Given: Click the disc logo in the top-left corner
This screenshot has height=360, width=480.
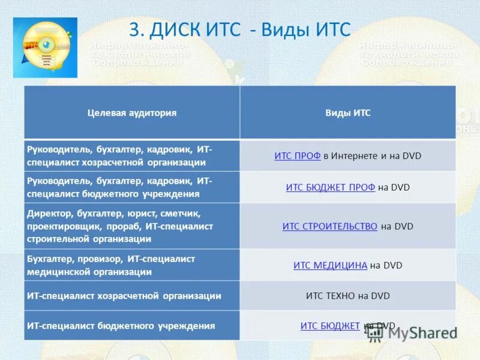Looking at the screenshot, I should coord(45,47).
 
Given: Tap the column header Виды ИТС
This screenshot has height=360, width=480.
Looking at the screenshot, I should coord(348,113).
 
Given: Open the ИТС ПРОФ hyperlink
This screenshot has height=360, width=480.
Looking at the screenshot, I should coord(297,156).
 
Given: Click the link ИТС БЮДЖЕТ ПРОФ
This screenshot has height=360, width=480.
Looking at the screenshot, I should coord(330,187).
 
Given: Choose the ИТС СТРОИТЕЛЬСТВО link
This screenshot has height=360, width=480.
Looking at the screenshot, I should coord(329,226).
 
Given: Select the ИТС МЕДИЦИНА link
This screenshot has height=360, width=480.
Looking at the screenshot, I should coord(330,265).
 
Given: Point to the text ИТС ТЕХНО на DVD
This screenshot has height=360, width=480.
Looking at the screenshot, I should coord(348,295).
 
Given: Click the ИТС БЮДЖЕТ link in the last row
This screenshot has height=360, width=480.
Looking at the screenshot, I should coord(330,326).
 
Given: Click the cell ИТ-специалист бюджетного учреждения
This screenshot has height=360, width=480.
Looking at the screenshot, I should coord(121,326).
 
